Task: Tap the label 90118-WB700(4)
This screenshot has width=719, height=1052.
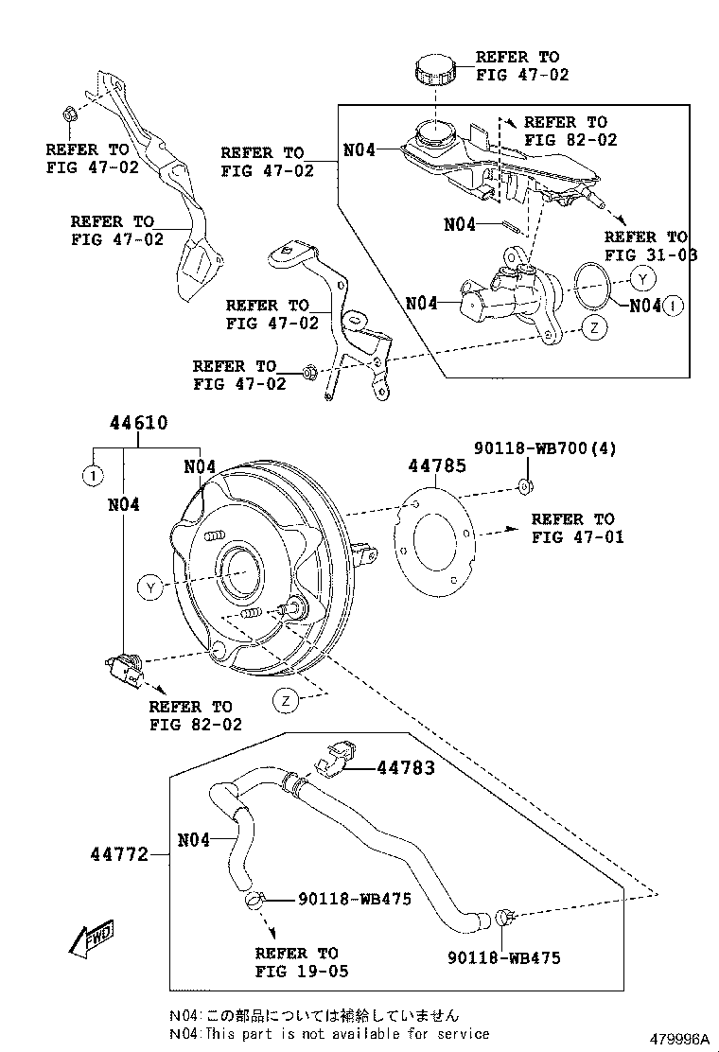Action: click(x=545, y=448)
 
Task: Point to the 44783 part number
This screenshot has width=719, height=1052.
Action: click(x=406, y=768)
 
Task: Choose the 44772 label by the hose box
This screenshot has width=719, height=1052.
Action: click(x=119, y=854)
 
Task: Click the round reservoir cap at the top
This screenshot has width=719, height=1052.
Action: click(x=433, y=72)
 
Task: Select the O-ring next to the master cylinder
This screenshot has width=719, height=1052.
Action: click(x=593, y=286)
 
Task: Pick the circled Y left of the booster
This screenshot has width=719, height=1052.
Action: click(x=149, y=587)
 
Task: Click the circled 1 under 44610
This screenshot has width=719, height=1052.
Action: click(x=92, y=476)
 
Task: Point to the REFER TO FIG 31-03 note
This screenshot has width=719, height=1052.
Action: click(x=645, y=246)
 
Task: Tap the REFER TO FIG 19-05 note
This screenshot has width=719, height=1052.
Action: click(x=296, y=962)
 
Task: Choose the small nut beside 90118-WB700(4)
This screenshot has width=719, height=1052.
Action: click(x=526, y=486)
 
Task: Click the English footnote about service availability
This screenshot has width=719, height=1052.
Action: click(x=329, y=1034)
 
